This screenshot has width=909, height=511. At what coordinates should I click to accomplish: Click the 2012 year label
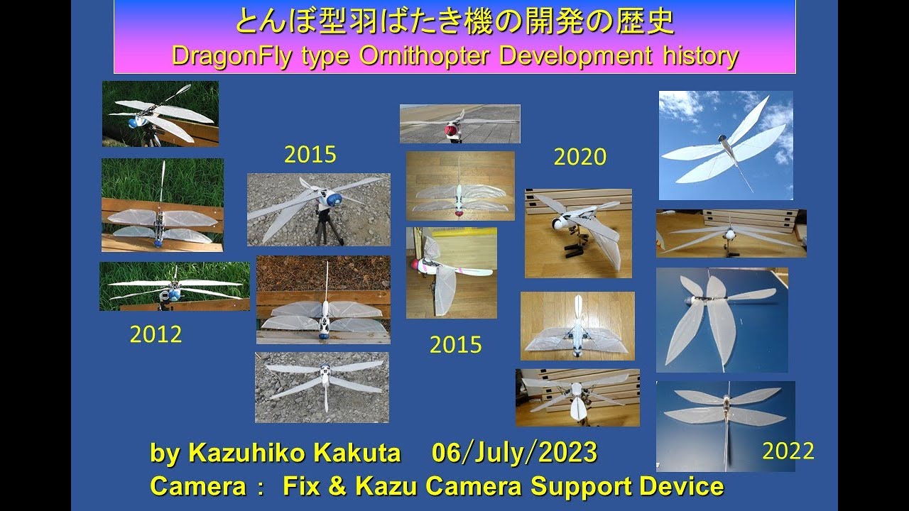(156, 334)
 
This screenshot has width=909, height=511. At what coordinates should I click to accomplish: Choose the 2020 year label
(579, 157)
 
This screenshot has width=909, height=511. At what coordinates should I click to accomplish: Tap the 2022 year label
(788, 451)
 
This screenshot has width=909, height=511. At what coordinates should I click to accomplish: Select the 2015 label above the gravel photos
(310, 155)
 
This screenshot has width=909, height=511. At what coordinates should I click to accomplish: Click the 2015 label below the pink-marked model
(455, 345)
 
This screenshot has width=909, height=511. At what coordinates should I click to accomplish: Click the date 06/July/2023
(514, 453)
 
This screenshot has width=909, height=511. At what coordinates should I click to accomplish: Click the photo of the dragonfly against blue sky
(725, 145)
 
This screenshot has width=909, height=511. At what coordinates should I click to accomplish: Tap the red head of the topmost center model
(450, 131)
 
